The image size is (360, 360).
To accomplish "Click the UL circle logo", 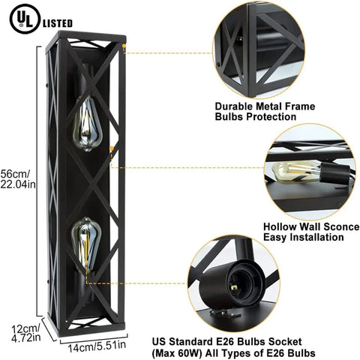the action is tap(25, 19).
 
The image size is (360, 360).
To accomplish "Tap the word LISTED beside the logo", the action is tap(58, 23).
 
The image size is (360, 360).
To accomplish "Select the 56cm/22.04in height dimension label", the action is tap(17, 178).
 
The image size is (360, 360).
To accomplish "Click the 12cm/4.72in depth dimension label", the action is tap(26, 333).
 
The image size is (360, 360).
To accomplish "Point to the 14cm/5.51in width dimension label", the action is tap(97, 346).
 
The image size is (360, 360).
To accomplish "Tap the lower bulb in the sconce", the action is tap(86, 244).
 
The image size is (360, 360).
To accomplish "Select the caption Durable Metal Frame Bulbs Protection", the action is tap(265, 112).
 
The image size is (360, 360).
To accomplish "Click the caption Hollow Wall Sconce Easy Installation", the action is tap(311, 232).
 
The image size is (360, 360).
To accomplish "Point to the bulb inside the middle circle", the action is tap(295, 171).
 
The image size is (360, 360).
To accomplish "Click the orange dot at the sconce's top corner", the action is tap(124, 46).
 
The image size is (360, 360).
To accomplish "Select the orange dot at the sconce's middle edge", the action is tap(112, 148).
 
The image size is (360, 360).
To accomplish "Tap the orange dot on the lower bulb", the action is tap(86, 262).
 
